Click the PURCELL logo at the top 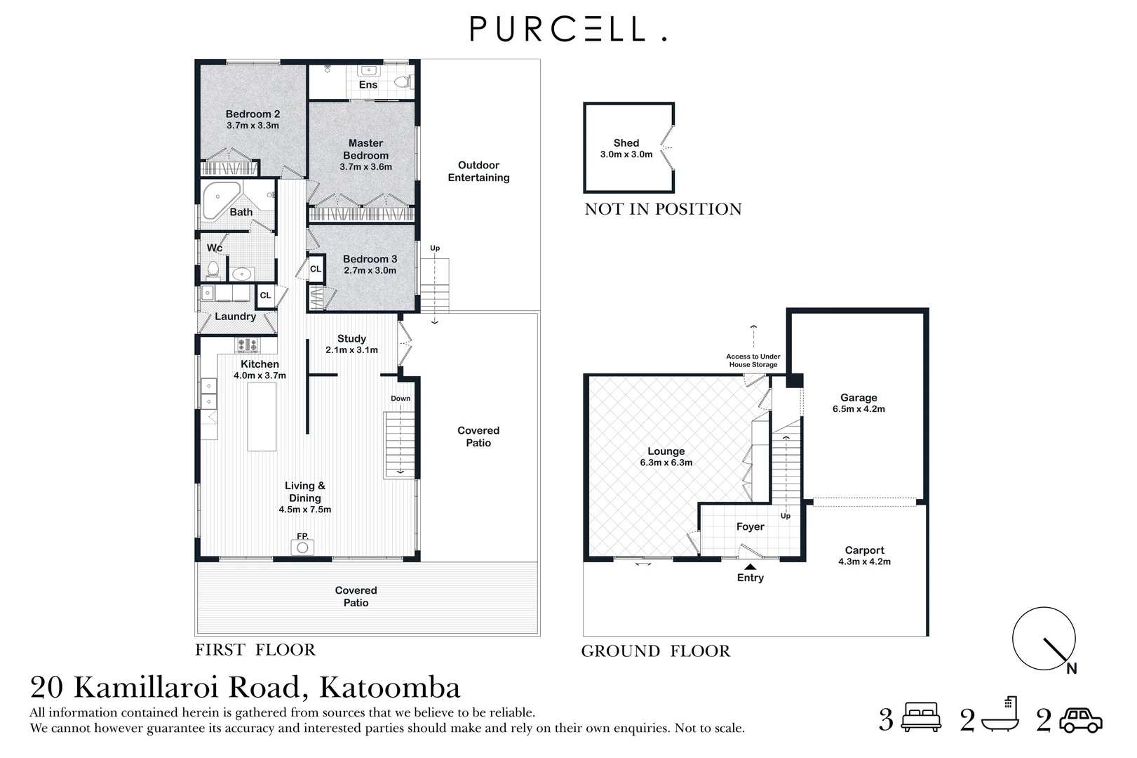pos(567,29)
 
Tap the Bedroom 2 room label pos(253,114)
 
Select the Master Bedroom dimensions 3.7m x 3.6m pos(365,167)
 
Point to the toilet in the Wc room pos(213,270)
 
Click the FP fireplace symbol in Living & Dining pos(302,546)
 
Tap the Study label pos(351,338)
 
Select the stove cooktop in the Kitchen pos(247,345)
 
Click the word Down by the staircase pos(401,399)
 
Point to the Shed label pos(626,142)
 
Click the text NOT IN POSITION pos(663,209)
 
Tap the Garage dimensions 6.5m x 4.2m pos(859,409)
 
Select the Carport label pos(864,550)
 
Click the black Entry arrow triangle pos(750,567)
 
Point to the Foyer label pos(750,526)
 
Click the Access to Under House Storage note pos(753,361)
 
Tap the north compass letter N pos(1071,669)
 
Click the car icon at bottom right pos(1080,720)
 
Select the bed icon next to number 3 pos(921,717)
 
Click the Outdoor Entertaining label pos(478,171)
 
